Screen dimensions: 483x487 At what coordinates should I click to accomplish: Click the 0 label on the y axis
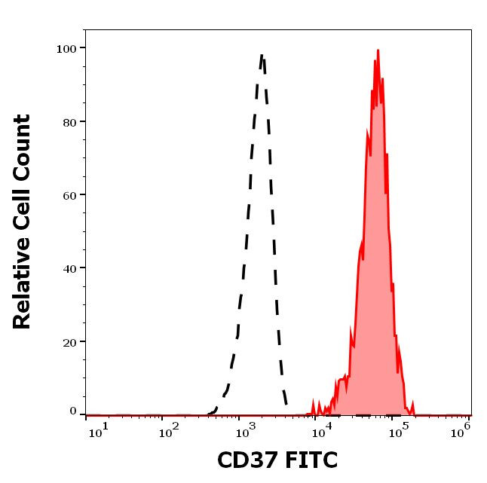coord(73,411)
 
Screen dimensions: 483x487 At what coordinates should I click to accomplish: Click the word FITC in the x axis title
coord(310,460)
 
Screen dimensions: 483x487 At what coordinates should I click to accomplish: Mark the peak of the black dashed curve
coord(262,55)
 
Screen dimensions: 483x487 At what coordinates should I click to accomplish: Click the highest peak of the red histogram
coord(378,50)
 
